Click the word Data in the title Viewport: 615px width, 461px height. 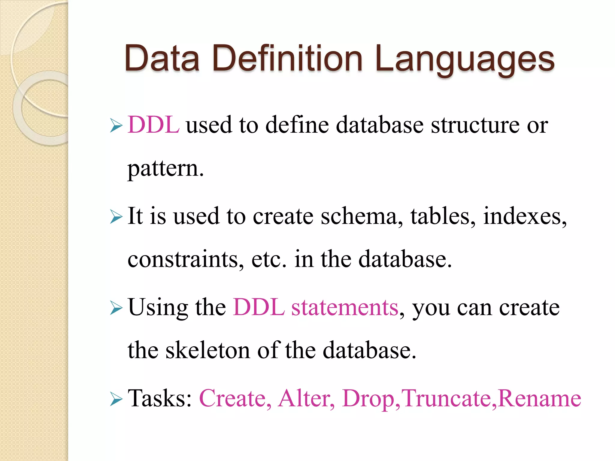(162, 58)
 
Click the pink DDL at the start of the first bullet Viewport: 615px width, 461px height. (153, 125)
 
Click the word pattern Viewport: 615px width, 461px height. (165, 169)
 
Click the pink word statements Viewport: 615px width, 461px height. (345, 307)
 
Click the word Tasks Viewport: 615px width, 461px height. (159, 398)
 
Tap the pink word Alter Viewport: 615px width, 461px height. (306, 398)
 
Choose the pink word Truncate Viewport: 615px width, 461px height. (447, 398)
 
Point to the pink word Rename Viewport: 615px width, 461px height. (539, 398)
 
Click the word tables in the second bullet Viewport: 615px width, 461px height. (443, 216)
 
